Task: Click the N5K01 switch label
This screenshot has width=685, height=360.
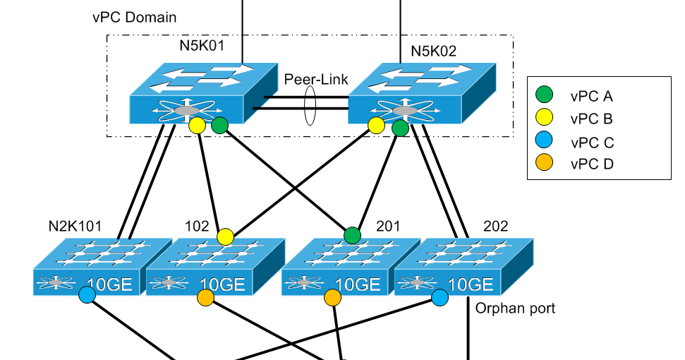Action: (x=201, y=49)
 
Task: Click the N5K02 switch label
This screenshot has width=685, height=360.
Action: (x=433, y=52)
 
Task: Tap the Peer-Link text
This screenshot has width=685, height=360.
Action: (x=316, y=80)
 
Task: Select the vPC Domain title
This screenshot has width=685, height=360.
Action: (x=135, y=16)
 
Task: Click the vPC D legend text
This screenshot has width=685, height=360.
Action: (x=593, y=164)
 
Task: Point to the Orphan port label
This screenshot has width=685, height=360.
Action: (x=515, y=308)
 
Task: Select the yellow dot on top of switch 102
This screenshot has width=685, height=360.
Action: (x=225, y=236)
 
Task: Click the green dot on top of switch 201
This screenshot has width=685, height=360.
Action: (x=352, y=235)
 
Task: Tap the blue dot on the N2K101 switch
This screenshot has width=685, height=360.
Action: (x=87, y=295)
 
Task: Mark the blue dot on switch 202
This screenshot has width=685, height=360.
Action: (x=440, y=297)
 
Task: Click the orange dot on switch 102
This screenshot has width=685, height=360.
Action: (x=205, y=298)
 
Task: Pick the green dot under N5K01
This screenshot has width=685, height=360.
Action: (x=220, y=126)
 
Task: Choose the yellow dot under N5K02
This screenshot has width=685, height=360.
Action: (x=377, y=126)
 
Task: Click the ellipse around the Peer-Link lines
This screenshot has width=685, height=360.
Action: (x=310, y=106)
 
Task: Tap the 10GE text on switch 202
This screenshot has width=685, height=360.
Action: (x=470, y=284)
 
